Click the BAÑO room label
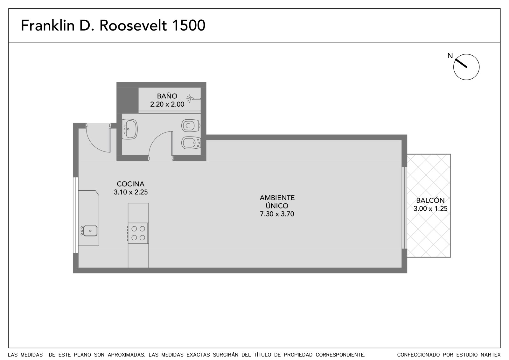167,96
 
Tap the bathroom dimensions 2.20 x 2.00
167,104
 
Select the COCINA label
131,184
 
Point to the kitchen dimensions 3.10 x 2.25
131,192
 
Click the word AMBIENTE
277,198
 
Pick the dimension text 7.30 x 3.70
277,214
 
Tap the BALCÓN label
430,200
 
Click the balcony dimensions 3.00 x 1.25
430,208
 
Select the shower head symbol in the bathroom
193,99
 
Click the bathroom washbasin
130,129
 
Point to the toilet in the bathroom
191,125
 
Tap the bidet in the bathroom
191,143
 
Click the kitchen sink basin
90,231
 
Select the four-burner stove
138,233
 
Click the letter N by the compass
450,56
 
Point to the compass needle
461,63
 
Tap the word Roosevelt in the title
133,25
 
